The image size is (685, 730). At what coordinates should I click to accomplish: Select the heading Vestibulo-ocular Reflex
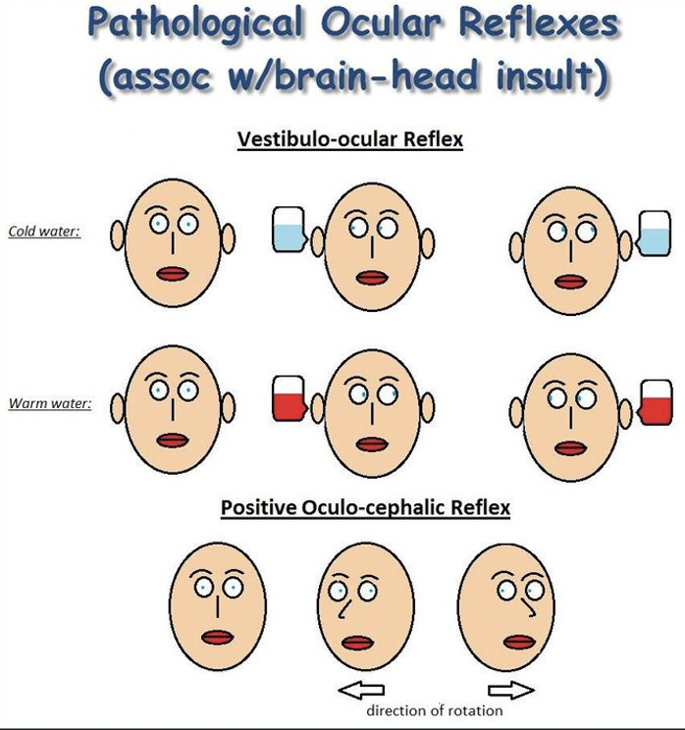(350, 139)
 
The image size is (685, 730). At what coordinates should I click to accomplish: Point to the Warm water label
(49, 402)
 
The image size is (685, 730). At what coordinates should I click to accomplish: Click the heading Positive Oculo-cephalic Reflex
(365, 508)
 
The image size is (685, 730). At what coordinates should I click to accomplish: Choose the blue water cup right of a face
(654, 234)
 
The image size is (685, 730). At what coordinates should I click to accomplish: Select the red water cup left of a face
(289, 399)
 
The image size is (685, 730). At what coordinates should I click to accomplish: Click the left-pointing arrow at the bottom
(362, 690)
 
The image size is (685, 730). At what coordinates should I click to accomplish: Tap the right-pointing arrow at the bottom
(509, 690)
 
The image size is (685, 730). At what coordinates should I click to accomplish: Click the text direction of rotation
(434, 709)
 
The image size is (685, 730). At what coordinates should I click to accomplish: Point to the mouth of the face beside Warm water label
(174, 440)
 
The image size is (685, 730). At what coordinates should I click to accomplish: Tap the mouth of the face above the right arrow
(517, 642)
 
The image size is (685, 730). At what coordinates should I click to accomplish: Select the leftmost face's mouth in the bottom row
(216, 637)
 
